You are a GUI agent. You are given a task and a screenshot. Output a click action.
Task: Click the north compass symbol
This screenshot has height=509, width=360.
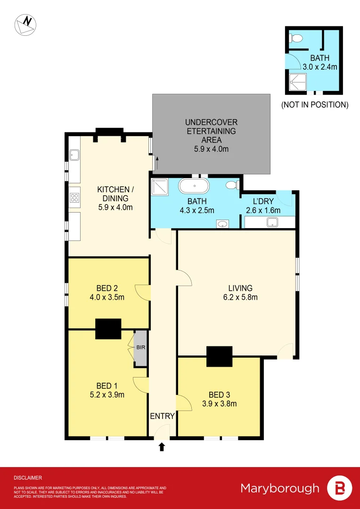pos(25,25)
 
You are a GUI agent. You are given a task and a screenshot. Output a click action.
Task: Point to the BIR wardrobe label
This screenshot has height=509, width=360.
pos(140,347)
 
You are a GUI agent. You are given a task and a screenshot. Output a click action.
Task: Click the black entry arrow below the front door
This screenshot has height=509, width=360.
pos(162,447)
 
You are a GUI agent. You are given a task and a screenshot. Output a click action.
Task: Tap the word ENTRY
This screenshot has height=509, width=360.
pos(163,416)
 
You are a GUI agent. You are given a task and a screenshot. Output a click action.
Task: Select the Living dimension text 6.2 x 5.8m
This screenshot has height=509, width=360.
pos(240,297)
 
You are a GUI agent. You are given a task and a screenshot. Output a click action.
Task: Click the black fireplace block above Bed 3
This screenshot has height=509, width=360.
pos(220,356)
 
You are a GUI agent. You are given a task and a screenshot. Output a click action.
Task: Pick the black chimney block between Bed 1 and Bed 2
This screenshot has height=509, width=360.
pos(108,329)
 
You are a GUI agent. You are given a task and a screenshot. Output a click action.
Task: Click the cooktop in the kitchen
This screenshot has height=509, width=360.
pos(75,198)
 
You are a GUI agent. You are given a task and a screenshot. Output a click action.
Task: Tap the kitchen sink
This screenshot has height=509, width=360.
pos(74,155)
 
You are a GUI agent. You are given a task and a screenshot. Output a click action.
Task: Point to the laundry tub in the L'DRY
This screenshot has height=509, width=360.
pos(273,222)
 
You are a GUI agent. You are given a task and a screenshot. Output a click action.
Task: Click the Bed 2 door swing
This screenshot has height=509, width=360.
pos(143,293)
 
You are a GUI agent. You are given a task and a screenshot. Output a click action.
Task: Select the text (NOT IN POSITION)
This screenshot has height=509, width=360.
pos(315,105)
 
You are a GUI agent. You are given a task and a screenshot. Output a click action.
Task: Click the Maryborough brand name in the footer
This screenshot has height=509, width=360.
pos(280,488)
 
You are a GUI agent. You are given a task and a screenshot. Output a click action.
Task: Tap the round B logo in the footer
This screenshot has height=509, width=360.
pos(339,488)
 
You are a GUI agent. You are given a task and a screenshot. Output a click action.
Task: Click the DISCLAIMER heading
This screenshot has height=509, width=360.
pos(28,477)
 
